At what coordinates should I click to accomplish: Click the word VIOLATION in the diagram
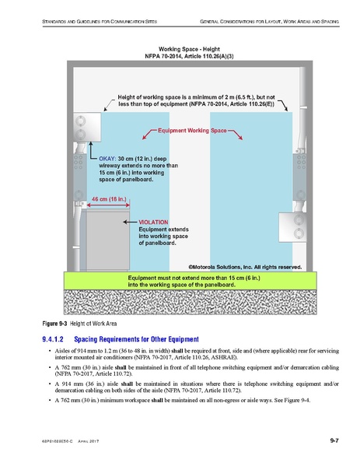pyautogui.click(x=154, y=222)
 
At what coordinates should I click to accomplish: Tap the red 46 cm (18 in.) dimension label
pyautogui.click(x=108, y=199)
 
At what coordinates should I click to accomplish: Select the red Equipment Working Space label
pyautogui.click(x=192, y=131)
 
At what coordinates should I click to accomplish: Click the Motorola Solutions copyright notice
pyautogui.click(x=238, y=266)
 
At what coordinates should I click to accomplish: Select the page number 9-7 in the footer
pyautogui.click(x=334, y=441)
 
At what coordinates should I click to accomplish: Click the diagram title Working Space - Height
pyautogui.click(x=192, y=49)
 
